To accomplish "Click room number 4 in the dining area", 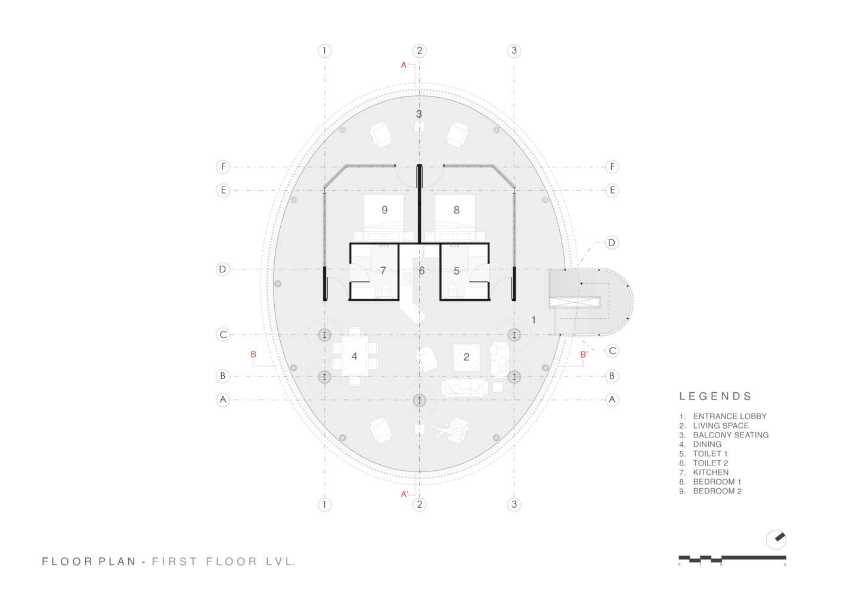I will click(354, 356).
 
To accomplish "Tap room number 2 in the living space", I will click(466, 357).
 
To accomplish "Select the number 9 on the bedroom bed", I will click(385, 210).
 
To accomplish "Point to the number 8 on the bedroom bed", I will click(456, 210).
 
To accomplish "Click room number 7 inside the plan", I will click(383, 271).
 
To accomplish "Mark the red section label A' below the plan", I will click(404, 494).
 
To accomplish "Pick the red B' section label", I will click(584, 355).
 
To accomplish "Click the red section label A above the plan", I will click(404, 65).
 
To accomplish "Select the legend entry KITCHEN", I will click(710, 472).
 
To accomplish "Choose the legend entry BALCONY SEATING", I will click(730, 435).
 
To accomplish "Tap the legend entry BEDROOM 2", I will click(717, 491).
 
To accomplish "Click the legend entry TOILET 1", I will click(710, 454).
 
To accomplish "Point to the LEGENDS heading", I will click(715, 396).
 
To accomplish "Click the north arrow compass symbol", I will click(776, 539).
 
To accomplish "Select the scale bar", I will click(732, 559).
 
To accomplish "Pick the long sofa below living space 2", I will click(464, 389).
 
